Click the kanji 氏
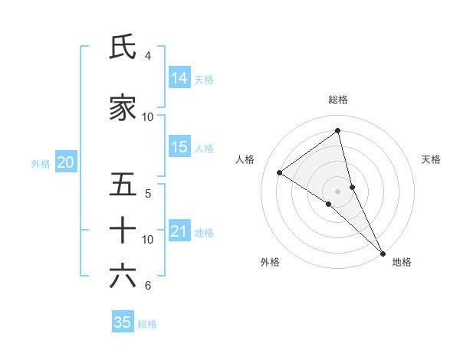(x=123, y=47)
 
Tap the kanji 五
(x=123, y=185)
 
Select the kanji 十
(x=123, y=230)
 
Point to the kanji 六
(x=123, y=276)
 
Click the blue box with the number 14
(x=179, y=78)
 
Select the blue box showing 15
(x=179, y=147)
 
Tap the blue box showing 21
(x=179, y=231)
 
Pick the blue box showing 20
(x=66, y=162)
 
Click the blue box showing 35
(x=123, y=322)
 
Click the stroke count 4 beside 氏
(x=147, y=56)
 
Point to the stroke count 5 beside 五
(x=147, y=193)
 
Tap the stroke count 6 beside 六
(x=147, y=286)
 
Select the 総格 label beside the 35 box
(x=147, y=324)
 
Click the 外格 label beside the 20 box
(x=41, y=163)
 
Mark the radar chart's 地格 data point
(x=382, y=253)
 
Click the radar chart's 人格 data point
(x=280, y=173)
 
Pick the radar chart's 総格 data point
(x=337, y=131)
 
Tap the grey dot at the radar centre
(x=337, y=191)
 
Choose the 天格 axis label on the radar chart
(x=431, y=159)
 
